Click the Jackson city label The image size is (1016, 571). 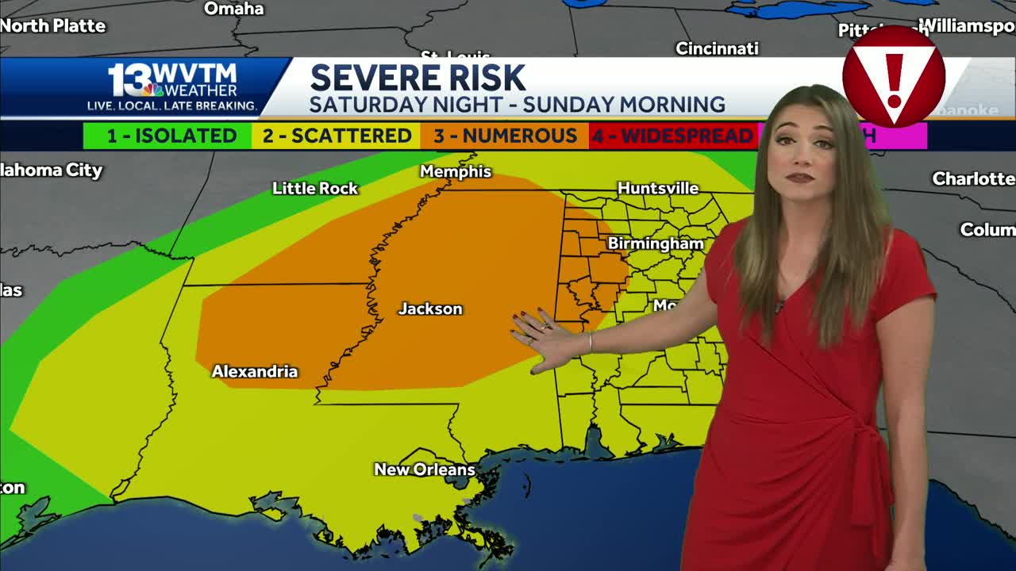click(430, 309)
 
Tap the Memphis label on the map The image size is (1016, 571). click(456, 172)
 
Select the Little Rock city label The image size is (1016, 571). click(315, 189)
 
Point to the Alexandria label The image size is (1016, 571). click(255, 372)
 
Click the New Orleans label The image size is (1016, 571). click(425, 470)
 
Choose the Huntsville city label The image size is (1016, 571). click(658, 189)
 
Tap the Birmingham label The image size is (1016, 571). click(656, 243)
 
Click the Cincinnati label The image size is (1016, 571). click(717, 49)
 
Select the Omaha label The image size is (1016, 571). click(234, 9)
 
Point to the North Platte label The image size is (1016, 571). click(53, 26)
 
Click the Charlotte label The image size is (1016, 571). click(973, 179)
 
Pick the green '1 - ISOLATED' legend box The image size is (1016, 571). click(167, 136)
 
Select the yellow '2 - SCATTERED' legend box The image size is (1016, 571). click(337, 136)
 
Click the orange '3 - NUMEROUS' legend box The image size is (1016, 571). click(505, 136)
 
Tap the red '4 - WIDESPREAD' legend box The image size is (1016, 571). click(672, 136)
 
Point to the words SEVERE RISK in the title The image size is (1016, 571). click(418, 79)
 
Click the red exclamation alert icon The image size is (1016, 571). click(894, 77)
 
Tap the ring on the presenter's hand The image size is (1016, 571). click(543, 326)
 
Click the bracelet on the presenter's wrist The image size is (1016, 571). click(590, 343)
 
